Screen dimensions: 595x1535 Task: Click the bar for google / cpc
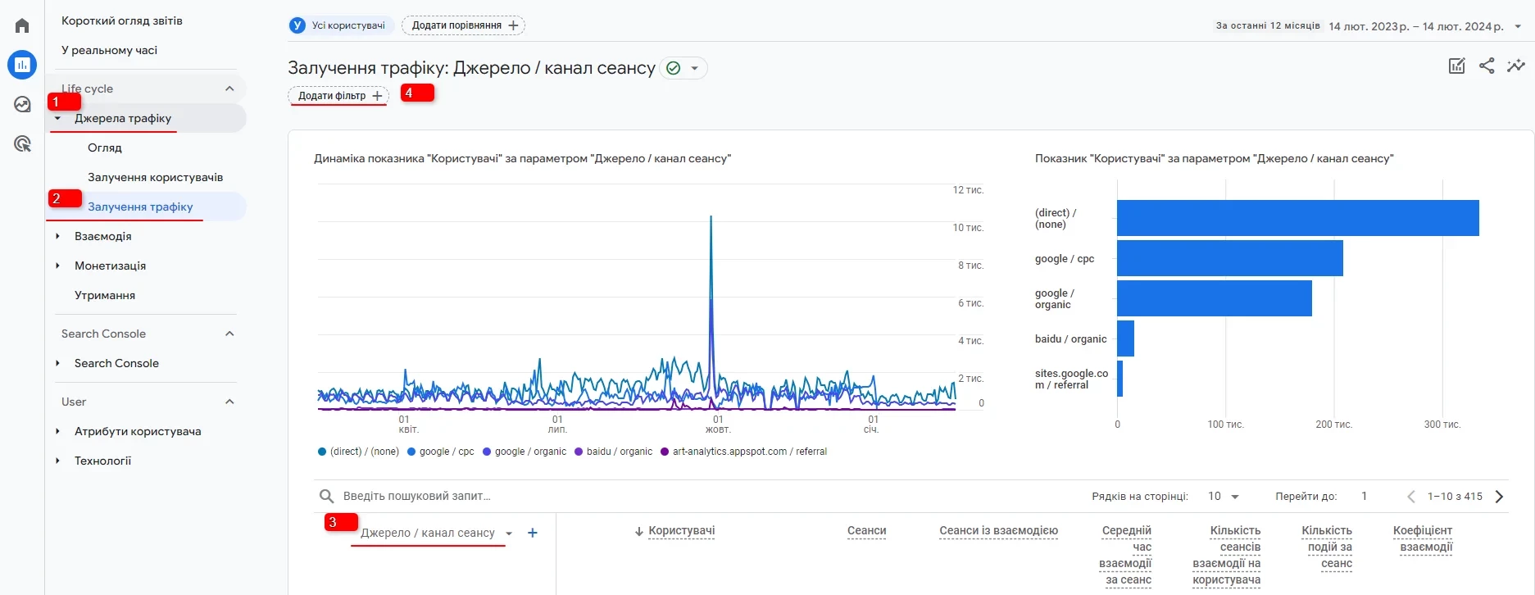coord(1229,258)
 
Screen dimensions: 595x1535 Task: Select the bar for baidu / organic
coord(1125,338)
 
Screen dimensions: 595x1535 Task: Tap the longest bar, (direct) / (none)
coord(1297,218)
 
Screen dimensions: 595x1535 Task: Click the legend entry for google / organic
coord(529,452)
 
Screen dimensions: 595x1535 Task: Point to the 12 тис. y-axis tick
coord(968,190)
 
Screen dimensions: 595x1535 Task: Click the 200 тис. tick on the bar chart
coord(1333,425)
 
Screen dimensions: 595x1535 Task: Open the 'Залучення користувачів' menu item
coord(155,177)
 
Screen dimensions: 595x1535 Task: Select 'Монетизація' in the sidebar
coord(110,266)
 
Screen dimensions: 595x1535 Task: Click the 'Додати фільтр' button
coord(338,96)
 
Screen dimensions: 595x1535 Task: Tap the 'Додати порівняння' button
coord(463,25)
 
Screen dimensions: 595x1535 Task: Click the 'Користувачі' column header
coord(681,531)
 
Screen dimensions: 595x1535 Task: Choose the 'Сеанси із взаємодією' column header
coord(998,531)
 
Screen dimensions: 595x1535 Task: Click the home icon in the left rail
coord(22,25)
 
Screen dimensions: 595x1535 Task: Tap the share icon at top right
coord(1487,66)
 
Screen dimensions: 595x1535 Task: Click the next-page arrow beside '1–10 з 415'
coord(1499,496)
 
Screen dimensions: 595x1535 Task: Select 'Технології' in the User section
coord(102,461)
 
